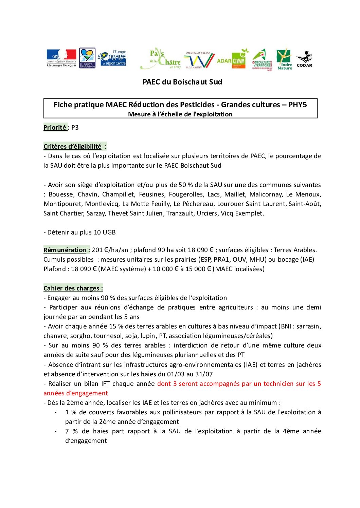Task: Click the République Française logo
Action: [61, 58]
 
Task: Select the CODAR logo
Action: [304, 59]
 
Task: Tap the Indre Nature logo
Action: [285, 59]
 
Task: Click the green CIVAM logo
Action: [239, 60]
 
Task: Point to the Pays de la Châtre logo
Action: [161, 58]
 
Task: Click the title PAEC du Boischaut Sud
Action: [182, 82]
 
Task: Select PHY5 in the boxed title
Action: [298, 105]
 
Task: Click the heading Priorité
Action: [55, 128]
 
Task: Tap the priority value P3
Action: [75, 128]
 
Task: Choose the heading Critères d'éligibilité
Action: [72, 147]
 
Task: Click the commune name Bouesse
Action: [61, 194]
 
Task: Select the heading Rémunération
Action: [65, 250]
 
